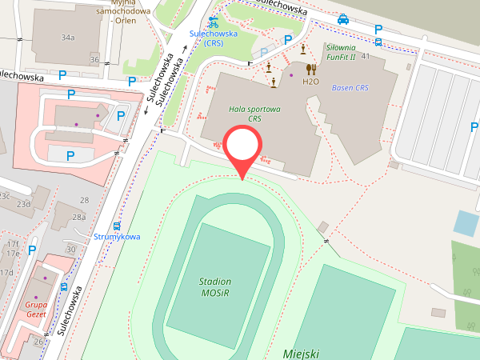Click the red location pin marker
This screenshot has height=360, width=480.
tap(242, 147)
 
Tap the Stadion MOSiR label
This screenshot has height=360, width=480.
tap(216, 287)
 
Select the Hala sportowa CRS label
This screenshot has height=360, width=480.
tap(254, 113)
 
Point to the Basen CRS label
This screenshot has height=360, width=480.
tap(350, 88)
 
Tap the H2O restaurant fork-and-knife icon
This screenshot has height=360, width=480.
tap(310, 69)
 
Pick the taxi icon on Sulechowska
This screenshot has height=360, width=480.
tap(342, 19)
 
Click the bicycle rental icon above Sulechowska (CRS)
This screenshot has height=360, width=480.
tap(213, 22)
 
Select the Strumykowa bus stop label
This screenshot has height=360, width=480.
tap(117, 237)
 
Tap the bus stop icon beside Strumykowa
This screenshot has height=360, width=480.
tap(117, 226)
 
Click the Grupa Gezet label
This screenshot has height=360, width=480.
tap(36, 310)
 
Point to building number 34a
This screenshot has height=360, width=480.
tap(68, 38)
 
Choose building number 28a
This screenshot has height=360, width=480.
tap(78, 217)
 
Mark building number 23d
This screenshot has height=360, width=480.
tap(24, 204)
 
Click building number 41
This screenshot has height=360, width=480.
tap(366, 56)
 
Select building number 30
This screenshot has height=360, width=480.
tap(70, 249)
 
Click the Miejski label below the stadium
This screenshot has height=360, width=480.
tap(301, 353)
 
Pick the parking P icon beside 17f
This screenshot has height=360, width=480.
tap(32, 250)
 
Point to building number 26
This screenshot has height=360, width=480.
tap(39, 342)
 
